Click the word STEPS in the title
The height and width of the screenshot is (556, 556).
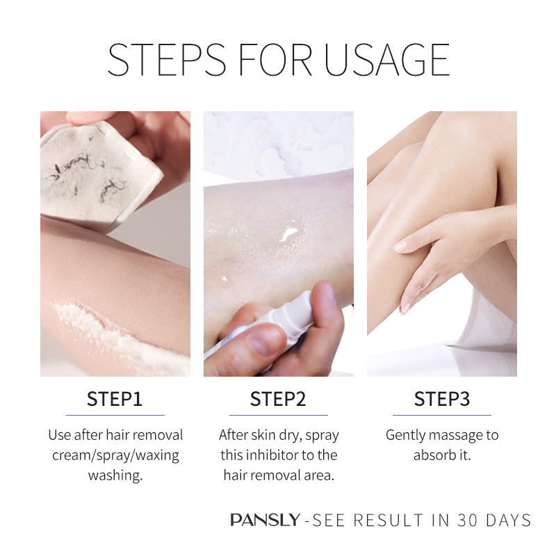(167, 60)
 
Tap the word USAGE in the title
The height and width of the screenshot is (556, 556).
(387, 60)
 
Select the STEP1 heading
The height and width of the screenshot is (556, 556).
(115, 399)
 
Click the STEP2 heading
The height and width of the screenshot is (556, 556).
(278, 399)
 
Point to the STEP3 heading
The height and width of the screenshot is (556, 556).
(442, 399)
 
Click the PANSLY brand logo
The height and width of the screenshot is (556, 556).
(265, 520)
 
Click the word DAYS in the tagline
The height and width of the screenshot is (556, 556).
(509, 520)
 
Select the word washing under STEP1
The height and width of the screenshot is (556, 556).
(115, 475)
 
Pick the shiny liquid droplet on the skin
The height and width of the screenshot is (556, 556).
(289, 233)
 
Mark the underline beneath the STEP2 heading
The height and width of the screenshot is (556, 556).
(279, 415)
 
